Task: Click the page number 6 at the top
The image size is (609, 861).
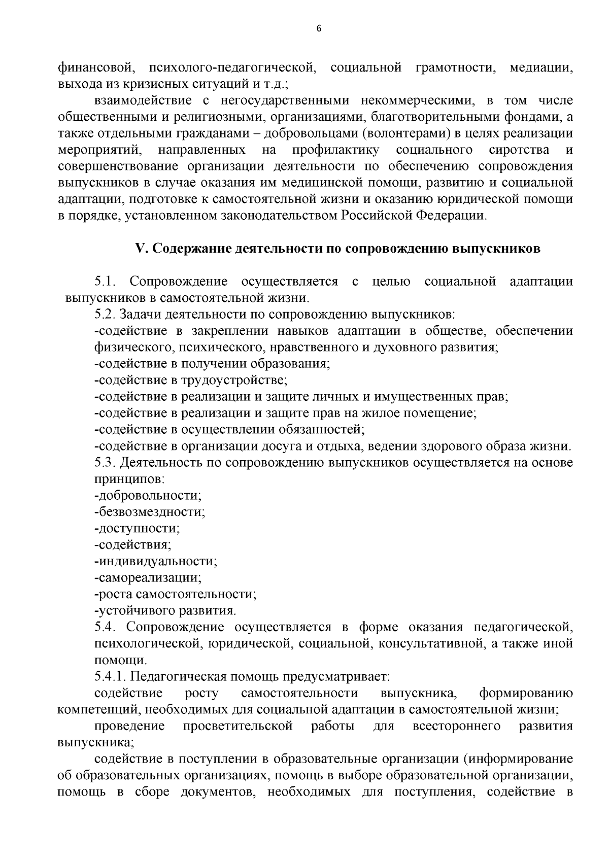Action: point(319,28)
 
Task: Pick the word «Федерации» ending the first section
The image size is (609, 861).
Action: point(452,216)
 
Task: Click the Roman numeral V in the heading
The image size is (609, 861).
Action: point(140,249)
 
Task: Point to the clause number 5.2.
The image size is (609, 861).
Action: point(105,314)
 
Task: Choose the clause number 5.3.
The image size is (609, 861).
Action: point(105,463)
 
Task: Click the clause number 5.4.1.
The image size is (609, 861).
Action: point(110,677)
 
